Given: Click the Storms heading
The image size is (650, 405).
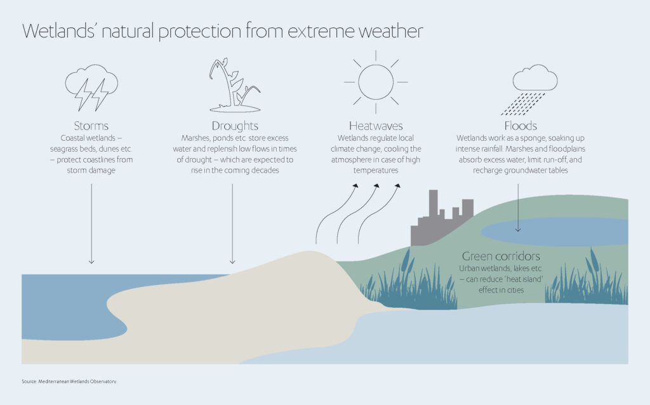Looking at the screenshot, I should point(92,126).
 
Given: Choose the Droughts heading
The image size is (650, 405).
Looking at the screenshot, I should point(235,126).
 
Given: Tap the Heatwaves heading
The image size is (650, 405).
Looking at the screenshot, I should point(376,126).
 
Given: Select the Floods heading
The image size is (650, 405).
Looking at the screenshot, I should point(520,126).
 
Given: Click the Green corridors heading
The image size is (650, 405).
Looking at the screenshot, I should point(501,256).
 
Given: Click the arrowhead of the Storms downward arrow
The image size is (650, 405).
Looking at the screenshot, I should point(92,261).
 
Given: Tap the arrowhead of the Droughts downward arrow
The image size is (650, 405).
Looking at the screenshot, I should point(232,261).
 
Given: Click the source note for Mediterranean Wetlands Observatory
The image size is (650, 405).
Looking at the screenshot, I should point(70,382).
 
